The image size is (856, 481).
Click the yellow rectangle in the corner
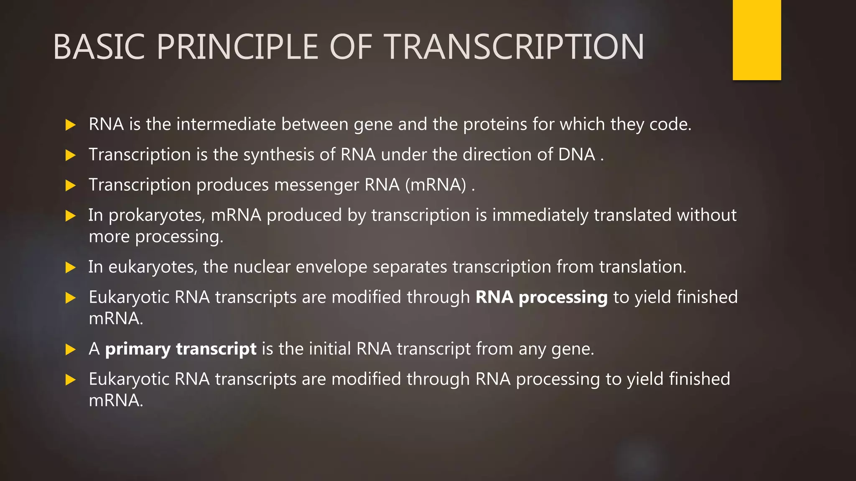[x=757, y=40]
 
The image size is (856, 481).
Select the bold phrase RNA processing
[x=541, y=297]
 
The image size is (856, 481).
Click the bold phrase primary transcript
[x=181, y=349]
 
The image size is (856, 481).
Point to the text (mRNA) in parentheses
[x=436, y=185]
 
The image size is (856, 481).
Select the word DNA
[x=576, y=154]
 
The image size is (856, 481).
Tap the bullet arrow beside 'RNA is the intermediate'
[x=71, y=125]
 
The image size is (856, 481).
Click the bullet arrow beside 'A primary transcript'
[x=71, y=349]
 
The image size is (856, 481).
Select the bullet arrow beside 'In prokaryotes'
[x=71, y=216]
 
